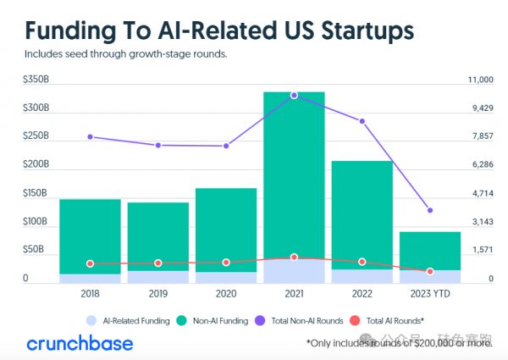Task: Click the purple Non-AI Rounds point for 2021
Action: click(294, 95)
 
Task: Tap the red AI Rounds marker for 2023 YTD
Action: click(430, 271)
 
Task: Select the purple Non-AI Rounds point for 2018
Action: click(90, 136)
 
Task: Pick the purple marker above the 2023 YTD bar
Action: click(430, 210)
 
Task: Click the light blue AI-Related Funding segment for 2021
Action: click(294, 271)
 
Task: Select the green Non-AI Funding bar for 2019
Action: click(158, 236)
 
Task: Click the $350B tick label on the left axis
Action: click(36, 80)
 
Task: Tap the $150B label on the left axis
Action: click(36, 193)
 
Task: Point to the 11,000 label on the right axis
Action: click(480, 80)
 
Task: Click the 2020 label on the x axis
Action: click(226, 293)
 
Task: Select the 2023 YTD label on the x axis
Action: click(430, 293)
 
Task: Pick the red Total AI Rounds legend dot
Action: click(354, 321)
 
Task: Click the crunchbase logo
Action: click(80, 343)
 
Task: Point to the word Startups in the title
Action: click(356, 30)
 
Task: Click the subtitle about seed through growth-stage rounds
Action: click(126, 54)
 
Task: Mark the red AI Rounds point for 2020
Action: click(226, 263)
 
